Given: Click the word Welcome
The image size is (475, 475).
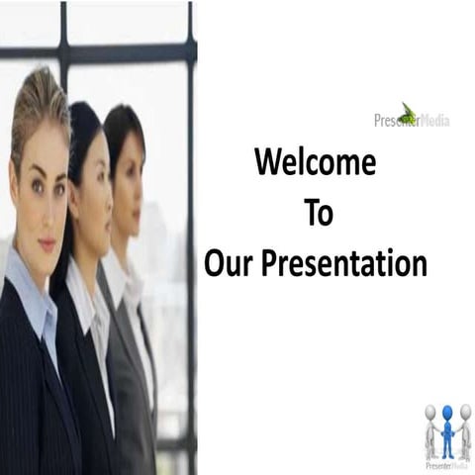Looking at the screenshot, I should pos(315,161).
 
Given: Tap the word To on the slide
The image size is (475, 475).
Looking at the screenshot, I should pos(319,213).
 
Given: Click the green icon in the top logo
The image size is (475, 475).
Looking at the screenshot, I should pos(408,112).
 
